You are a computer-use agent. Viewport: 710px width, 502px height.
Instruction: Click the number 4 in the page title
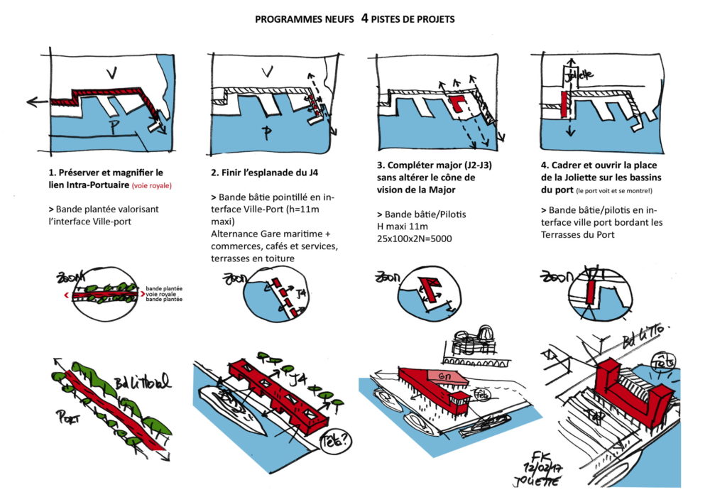(x=364, y=18)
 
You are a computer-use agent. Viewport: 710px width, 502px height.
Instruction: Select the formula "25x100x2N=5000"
(x=415, y=238)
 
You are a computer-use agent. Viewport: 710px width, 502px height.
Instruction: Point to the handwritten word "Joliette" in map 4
(x=581, y=74)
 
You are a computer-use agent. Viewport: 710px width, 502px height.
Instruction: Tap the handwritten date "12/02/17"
(x=539, y=469)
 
